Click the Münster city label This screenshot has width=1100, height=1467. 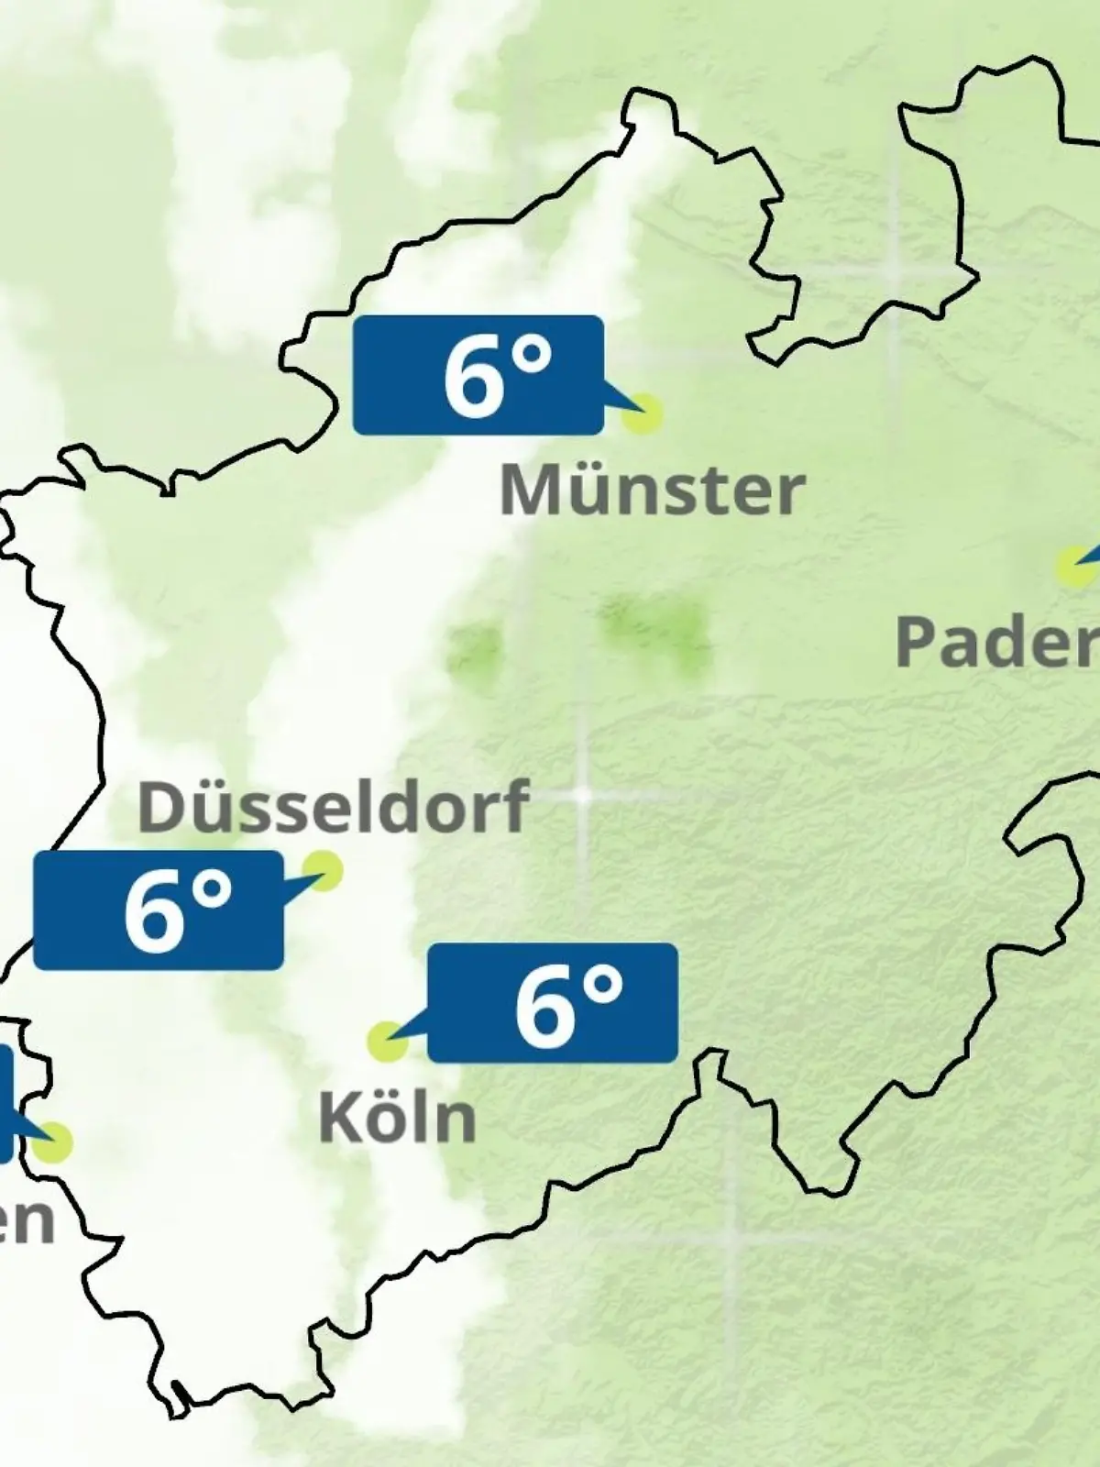pos(652,491)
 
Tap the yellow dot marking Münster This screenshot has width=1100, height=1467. pos(642,414)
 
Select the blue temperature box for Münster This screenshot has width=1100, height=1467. pos(478,375)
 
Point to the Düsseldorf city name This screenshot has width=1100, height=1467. pos(333,806)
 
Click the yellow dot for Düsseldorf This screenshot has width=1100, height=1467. pos(323,869)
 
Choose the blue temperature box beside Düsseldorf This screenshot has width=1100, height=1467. pos(159,910)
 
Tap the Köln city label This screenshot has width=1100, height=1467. pos(398,1118)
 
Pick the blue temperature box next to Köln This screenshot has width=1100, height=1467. pos(553,1003)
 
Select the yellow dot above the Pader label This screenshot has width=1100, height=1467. pos(1072,567)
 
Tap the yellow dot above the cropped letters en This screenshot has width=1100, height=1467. pos(53,1143)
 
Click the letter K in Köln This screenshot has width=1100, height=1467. pos(337,1118)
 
